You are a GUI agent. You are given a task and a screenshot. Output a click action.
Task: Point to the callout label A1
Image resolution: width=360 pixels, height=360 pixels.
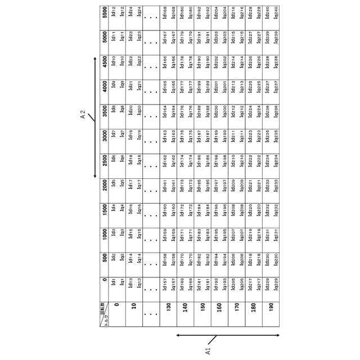coord(206,349)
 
